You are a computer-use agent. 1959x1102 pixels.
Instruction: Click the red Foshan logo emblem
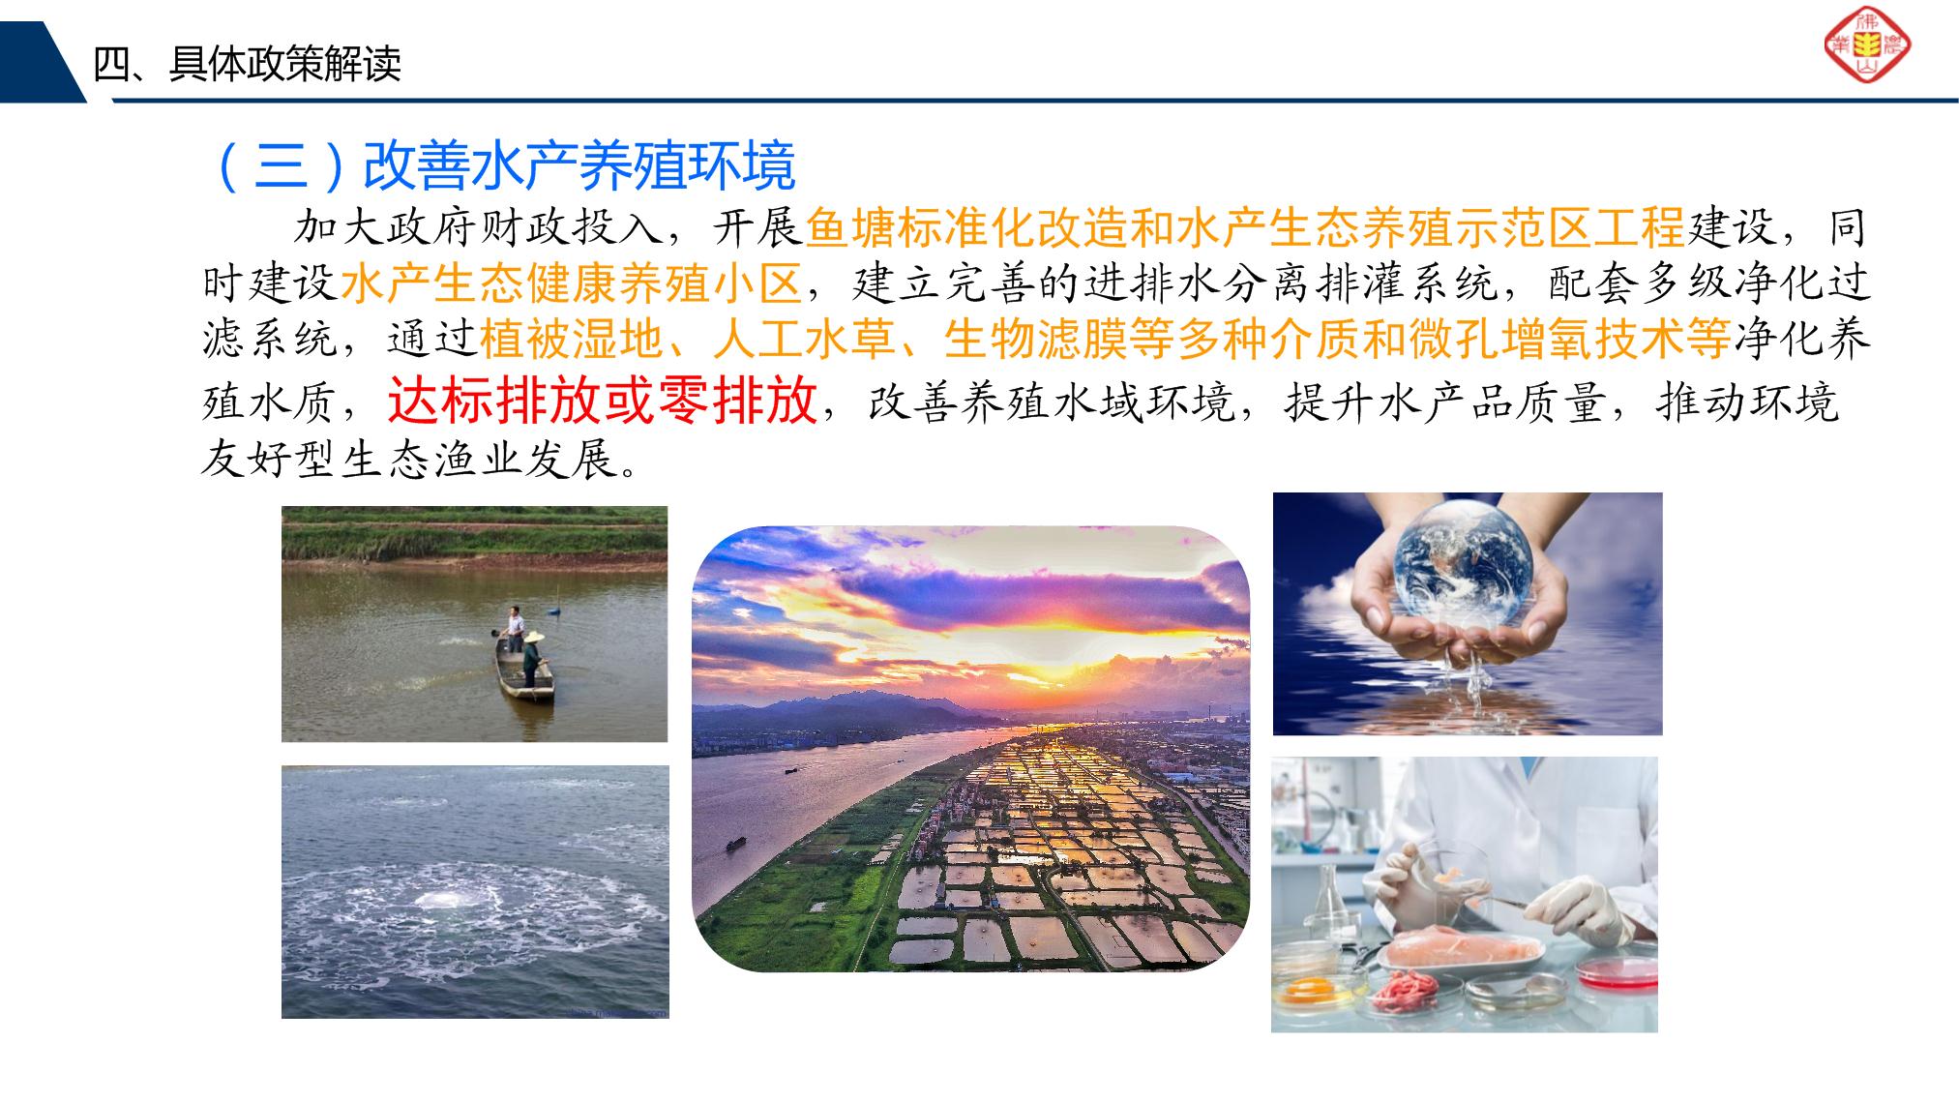1867,45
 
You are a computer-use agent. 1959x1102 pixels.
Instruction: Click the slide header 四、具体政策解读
248,64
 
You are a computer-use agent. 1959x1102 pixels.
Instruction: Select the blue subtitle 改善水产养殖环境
579,165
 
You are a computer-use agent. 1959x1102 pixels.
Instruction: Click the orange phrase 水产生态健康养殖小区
572,283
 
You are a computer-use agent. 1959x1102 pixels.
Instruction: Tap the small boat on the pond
524,671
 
